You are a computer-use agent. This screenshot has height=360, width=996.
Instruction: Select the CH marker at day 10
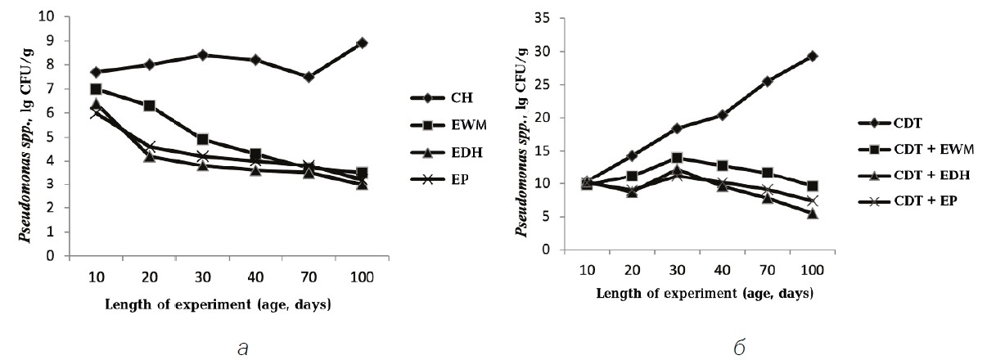(96, 72)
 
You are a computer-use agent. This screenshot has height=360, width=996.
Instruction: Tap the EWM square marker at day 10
(96, 88)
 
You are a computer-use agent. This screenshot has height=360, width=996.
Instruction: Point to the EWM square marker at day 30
(202, 139)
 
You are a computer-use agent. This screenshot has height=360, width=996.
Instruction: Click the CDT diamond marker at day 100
(813, 56)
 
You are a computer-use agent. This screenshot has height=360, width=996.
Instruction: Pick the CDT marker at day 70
(767, 82)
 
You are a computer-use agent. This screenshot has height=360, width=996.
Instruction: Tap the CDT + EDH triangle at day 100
(813, 214)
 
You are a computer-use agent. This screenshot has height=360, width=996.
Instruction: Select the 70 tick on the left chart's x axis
(309, 277)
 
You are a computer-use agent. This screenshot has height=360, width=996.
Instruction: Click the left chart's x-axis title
(218, 305)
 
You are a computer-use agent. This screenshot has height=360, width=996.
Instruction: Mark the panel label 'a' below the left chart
(241, 347)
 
